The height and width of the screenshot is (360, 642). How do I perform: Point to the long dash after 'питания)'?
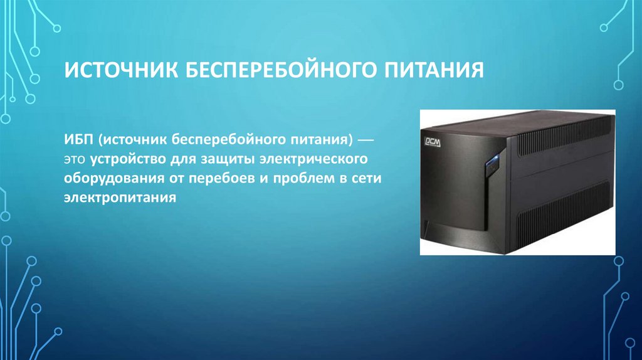(367, 137)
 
